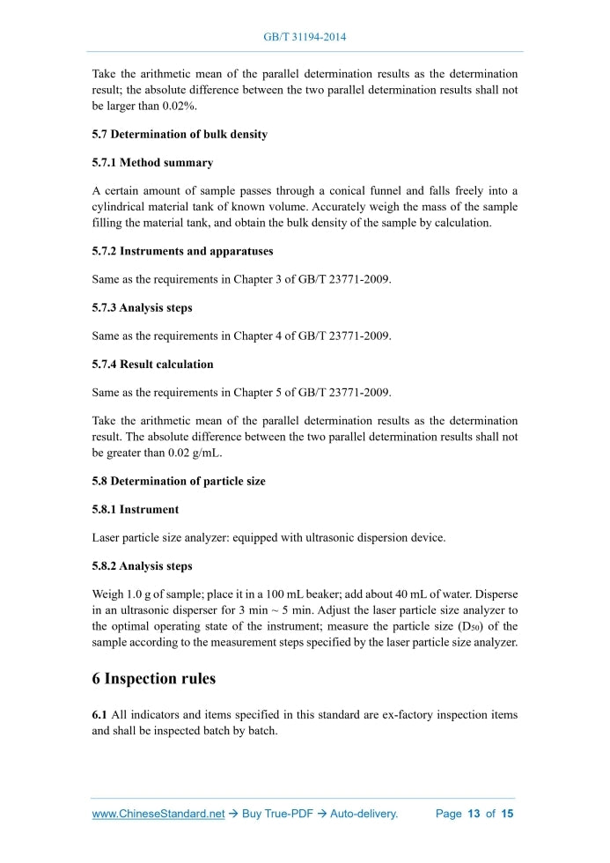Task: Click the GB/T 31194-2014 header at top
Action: pyautogui.click(x=305, y=38)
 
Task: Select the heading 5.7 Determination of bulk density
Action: pyautogui.click(x=180, y=135)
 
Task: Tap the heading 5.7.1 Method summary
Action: pyautogui.click(x=152, y=163)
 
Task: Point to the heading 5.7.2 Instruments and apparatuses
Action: pyautogui.click(x=182, y=251)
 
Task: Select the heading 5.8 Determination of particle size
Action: pyautogui.click(x=178, y=482)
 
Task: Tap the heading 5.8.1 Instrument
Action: pyautogui.click(x=136, y=510)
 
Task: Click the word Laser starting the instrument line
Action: pyautogui.click(x=107, y=538)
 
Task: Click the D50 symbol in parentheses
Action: pyautogui.click(x=469, y=626)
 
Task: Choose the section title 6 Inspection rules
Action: pyautogui.click(x=154, y=679)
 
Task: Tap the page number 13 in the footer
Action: pyautogui.click(x=474, y=814)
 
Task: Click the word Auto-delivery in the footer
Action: pyautogui.click(x=364, y=814)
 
